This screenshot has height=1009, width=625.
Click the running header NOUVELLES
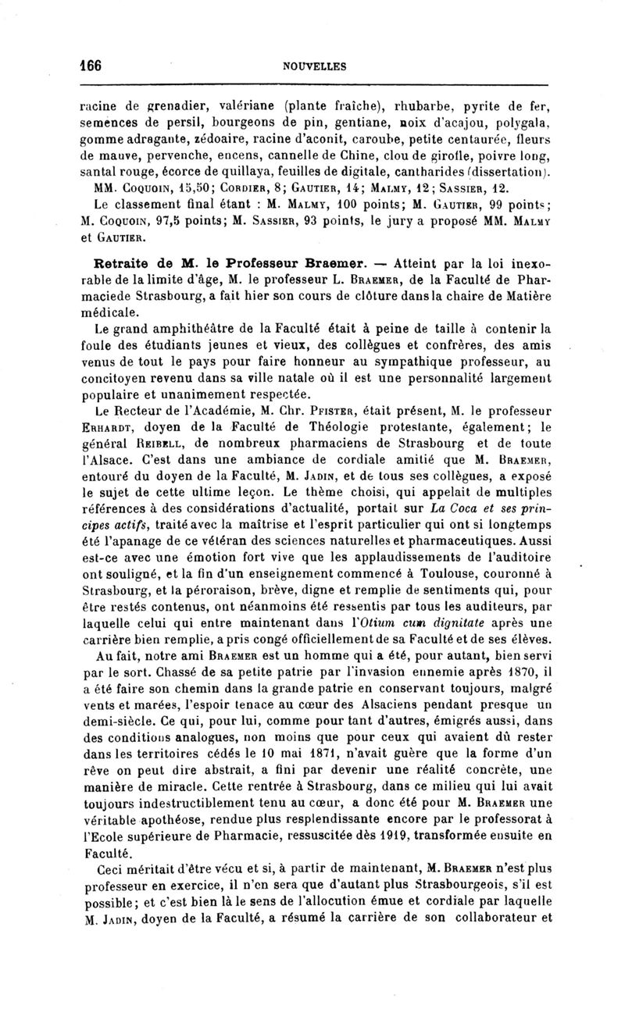point(315,66)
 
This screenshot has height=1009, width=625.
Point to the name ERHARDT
point(105,422)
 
